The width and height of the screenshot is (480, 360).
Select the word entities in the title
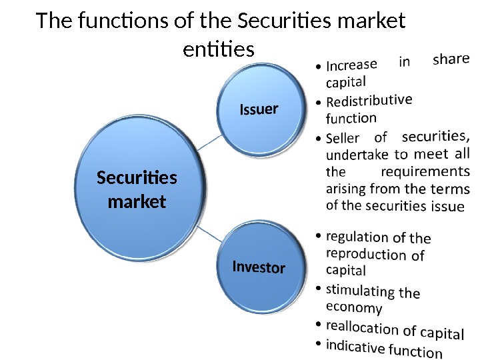[218, 49]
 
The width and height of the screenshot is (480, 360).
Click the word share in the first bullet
[451, 59]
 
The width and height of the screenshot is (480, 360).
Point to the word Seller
[343, 138]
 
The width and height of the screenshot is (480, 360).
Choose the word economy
[354, 307]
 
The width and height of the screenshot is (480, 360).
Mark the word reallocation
[363, 327]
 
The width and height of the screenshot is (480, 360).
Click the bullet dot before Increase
[319, 67]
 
